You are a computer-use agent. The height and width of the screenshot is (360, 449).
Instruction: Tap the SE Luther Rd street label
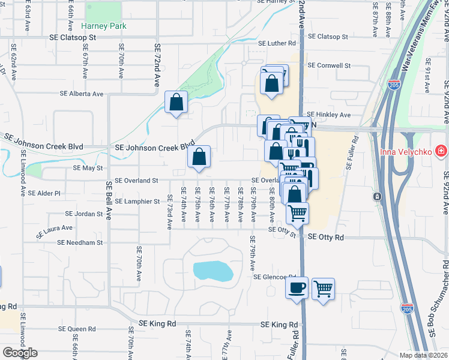pos(277,43)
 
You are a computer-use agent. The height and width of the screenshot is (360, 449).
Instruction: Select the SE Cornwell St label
pos(328,65)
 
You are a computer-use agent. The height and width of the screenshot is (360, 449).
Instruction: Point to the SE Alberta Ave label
pos(82,94)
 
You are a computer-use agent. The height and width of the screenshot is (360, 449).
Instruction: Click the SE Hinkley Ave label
pos(328,115)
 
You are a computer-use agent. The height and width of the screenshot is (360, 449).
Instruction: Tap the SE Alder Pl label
pos(49,193)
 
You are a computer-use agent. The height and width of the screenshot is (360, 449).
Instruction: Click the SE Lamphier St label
pos(137,202)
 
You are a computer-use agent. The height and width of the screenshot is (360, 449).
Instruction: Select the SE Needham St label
pos(80,243)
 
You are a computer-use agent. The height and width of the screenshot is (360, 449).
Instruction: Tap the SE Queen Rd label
pos(77,329)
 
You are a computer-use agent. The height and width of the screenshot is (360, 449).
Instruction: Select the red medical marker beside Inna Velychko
pos(441,149)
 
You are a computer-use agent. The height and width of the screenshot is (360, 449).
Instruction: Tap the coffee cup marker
pos(297,288)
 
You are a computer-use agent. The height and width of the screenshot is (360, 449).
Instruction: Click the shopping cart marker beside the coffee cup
pos(323,288)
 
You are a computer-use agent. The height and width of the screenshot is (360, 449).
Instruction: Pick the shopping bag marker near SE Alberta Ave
pos(176,102)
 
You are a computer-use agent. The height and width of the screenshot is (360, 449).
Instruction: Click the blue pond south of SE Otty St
pos(212,271)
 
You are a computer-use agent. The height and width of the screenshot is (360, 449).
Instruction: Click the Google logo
pos(20,352)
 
